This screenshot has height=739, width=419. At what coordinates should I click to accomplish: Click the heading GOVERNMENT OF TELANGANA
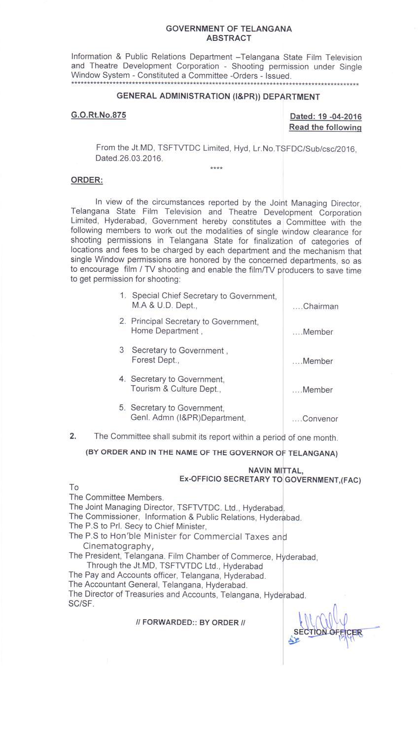coord(229,29)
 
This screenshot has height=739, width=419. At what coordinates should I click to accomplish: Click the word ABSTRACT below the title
coord(229,38)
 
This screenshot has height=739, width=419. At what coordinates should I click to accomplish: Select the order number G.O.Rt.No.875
coord(99,115)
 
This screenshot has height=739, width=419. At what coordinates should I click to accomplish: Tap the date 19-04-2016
coord(340,117)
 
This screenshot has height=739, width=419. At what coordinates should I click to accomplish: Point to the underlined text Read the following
coord(325,127)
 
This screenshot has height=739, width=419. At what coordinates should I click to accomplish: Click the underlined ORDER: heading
coord(87,180)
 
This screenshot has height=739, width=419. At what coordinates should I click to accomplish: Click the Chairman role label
coord(320,306)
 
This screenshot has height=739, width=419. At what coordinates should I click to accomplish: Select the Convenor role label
coord(320,419)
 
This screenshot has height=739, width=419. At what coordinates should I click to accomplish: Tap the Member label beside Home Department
coord(318,332)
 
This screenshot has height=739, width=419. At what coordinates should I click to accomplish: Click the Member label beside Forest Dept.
coord(318,361)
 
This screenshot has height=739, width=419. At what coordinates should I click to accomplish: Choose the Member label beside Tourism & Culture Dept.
coord(318,390)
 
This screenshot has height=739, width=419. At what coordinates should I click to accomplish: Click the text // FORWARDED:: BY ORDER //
coord(190,622)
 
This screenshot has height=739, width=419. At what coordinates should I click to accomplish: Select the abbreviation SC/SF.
coord(81,604)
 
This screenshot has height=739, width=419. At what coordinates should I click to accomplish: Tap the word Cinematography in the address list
coord(118,546)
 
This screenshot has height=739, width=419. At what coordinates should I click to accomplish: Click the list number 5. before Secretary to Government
coord(122,408)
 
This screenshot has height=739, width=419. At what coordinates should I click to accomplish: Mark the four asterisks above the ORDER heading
coord(216,168)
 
